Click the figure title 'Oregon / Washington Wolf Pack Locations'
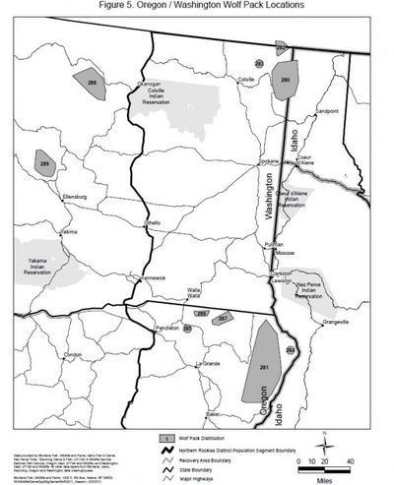(x=196, y=6)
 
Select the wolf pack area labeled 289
(x=45, y=164)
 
